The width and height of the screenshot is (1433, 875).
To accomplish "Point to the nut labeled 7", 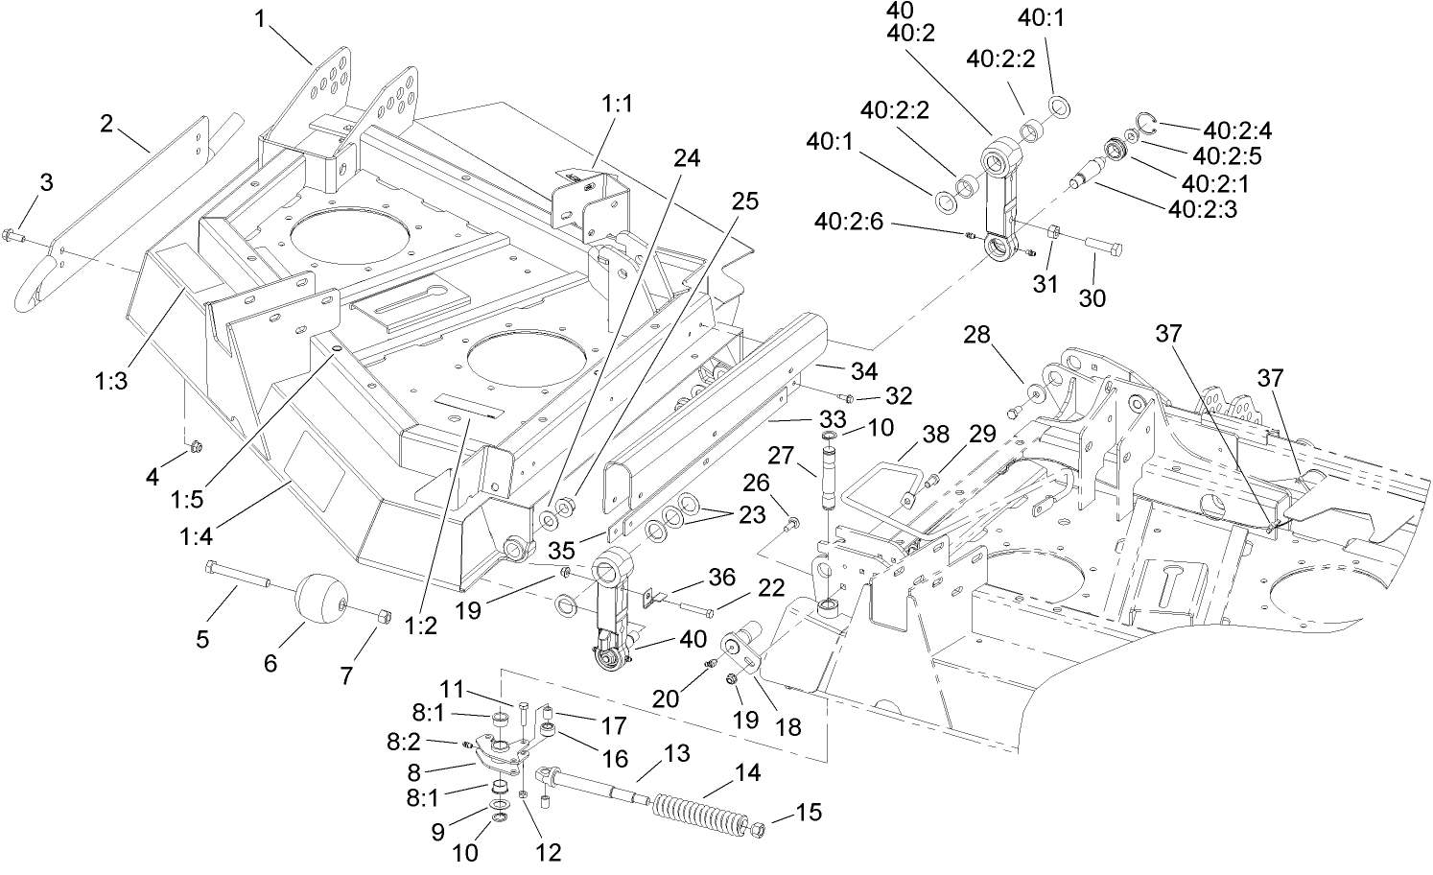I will tap(380, 616).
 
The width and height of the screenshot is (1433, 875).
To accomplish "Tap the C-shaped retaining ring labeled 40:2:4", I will tap(1146, 120).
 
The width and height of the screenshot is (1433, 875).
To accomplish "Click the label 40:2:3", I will tap(1211, 208).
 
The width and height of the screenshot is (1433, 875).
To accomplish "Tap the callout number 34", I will tap(862, 370).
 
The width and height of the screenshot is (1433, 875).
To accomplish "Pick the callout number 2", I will tap(106, 123).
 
